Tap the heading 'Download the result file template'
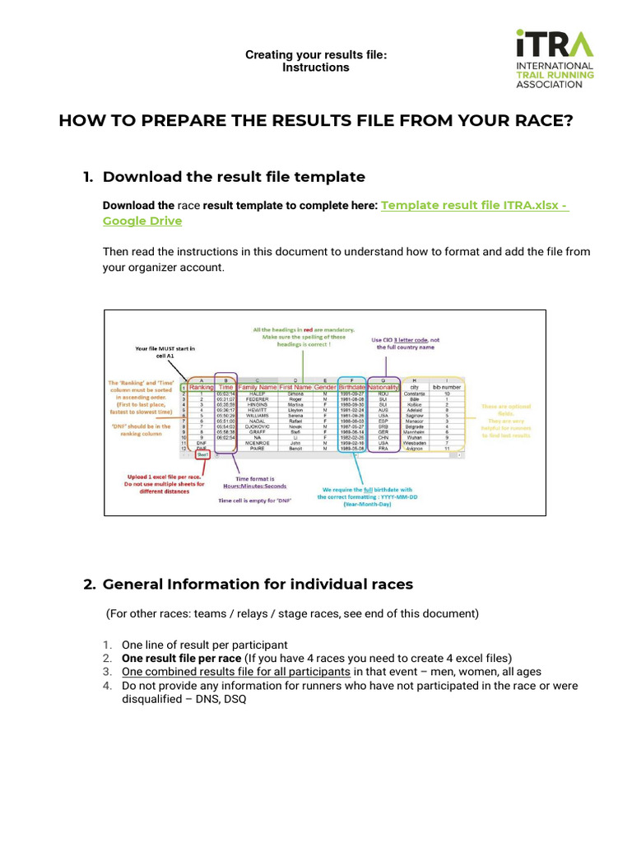[x=234, y=176]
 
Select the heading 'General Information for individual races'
[x=258, y=585]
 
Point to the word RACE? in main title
[x=532, y=121]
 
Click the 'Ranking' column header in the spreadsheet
[x=201, y=387]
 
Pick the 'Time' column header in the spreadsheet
[x=225, y=387]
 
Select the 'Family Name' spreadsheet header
[x=257, y=387]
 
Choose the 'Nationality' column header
[x=383, y=387]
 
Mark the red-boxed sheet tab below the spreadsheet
[x=202, y=454]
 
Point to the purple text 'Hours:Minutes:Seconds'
[x=254, y=487]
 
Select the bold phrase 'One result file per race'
[x=181, y=659]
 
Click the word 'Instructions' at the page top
[x=315, y=68]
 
